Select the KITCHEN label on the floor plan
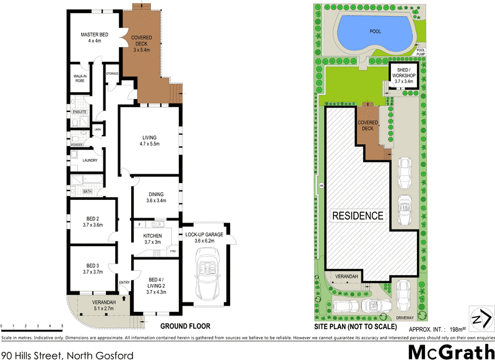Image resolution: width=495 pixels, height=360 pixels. pyautogui.click(x=153, y=236)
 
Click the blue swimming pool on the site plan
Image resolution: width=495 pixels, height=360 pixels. pyautogui.click(x=374, y=32)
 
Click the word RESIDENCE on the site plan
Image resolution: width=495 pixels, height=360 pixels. pyautogui.click(x=358, y=216)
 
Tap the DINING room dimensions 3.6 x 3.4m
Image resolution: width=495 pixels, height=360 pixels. pyautogui.click(x=156, y=201)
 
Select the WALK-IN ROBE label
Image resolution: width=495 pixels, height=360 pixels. pyautogui.click(x=80, y=77)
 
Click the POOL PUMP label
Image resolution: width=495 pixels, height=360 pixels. pyautogui.click(x=421, y=53)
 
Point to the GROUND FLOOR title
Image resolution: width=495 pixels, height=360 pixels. pyautogui.click(x=185, y=326)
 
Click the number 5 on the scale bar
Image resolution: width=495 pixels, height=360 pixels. pyautogui.click(x=62, y=325)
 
